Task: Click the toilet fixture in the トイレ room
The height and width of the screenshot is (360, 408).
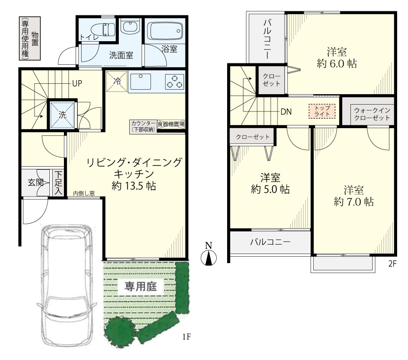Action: click(106, 29)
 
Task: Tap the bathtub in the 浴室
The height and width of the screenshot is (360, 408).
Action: click(165, 31)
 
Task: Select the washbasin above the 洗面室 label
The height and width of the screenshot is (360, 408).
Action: click(131, 26)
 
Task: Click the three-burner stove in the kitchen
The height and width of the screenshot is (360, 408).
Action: click(175, 82)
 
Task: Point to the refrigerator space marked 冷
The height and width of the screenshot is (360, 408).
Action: click(117, 81)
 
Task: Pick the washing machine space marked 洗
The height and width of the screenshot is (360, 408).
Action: click(63, 115)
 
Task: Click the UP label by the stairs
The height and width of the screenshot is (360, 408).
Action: click(77, 83)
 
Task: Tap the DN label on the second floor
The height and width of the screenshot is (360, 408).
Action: click(286, 112)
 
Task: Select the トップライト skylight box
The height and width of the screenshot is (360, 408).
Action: click(322, 111)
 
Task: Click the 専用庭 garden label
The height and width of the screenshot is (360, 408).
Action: click(141, 286)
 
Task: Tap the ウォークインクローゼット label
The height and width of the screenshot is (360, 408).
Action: click(372, 114)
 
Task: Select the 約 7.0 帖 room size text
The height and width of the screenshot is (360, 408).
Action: click(354, 202)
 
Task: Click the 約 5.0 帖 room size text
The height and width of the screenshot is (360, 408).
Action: click(270, 189)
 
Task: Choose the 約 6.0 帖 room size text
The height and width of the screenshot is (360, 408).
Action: click(337, 63)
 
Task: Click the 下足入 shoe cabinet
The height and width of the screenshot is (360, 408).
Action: click(58, 183)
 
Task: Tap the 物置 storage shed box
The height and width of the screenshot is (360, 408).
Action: click(29, 38)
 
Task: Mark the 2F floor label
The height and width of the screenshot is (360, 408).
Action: click(393, 264)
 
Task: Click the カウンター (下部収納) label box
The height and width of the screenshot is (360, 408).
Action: click(143, 127)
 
